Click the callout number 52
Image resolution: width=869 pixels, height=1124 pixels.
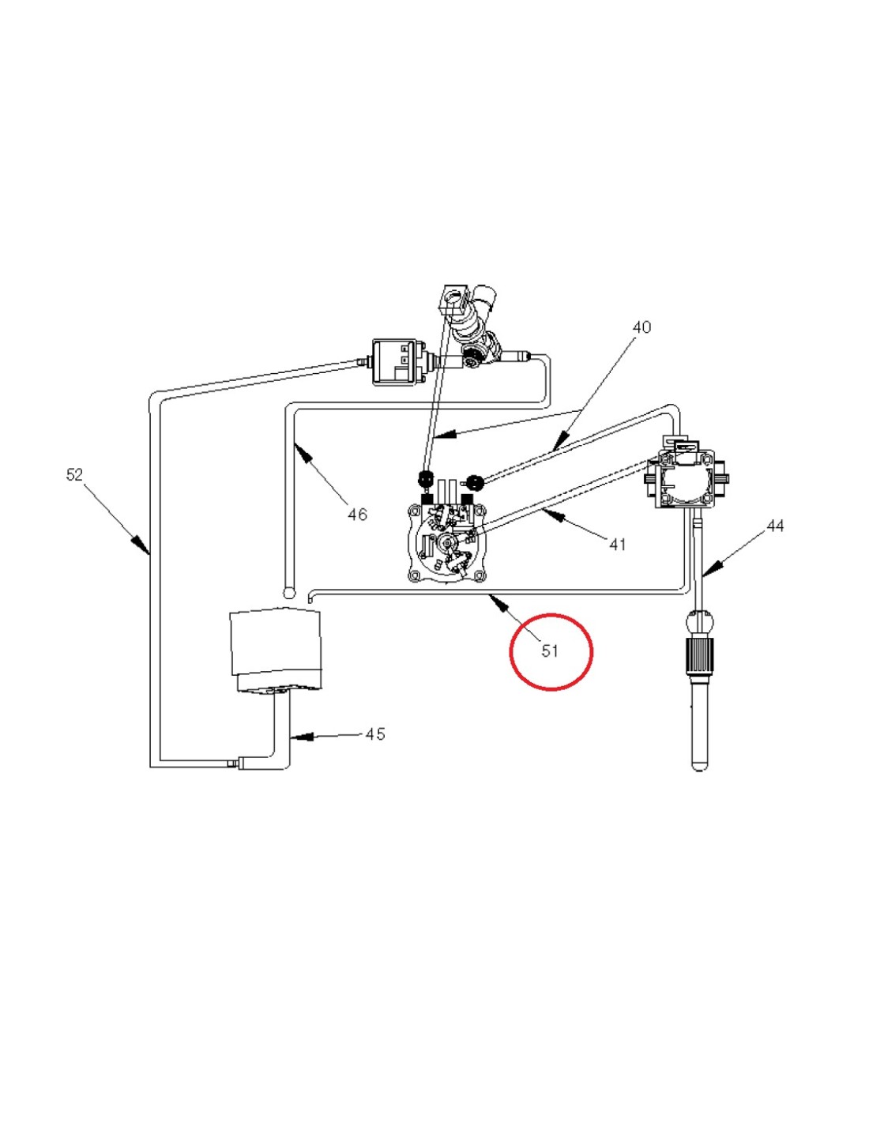(x=74, y=474)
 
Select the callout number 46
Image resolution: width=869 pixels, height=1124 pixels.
(x=357, y=514)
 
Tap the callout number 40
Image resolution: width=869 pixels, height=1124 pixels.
(x=641, y=327)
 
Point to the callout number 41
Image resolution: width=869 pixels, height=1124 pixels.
(x=618, y=544)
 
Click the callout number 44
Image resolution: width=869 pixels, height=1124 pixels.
(x=774, y=526)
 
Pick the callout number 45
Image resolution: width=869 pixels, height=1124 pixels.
(x=374, y=734)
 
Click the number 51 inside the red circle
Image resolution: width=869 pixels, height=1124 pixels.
(x=550, y=651)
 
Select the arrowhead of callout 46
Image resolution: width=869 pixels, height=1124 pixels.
(x=304, y=454)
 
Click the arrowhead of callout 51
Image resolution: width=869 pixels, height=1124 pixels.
(x=498, y=601)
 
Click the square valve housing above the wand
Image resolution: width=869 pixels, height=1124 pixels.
(x=686, y=478)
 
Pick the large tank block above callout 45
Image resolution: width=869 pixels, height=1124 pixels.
(x=275, y=650)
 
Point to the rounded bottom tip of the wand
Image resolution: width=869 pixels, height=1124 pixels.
(x=699, y=767)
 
